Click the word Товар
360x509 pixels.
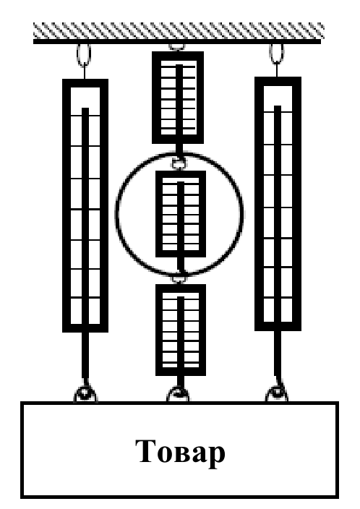coord(180,452)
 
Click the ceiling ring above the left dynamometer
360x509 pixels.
coord(84,54)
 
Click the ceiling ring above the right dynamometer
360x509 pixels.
coord(277,54)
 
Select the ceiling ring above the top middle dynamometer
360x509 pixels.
coord(177,47)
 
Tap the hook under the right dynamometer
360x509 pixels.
coord(277,393)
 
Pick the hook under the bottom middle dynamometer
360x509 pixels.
coord(178,394)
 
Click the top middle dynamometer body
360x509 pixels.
coord(178,98)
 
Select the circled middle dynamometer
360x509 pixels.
coord(181,214)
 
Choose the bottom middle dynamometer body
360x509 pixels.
coord(181,330)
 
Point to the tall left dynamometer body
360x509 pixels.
coord(85,205)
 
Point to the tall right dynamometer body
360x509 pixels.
coord(278,204)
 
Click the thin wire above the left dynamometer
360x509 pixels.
coord(84,72)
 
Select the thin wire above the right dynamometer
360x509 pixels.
coord(277,70)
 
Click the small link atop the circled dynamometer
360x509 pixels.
coord(179,164)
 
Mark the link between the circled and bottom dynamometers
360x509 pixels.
coord(179,279)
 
